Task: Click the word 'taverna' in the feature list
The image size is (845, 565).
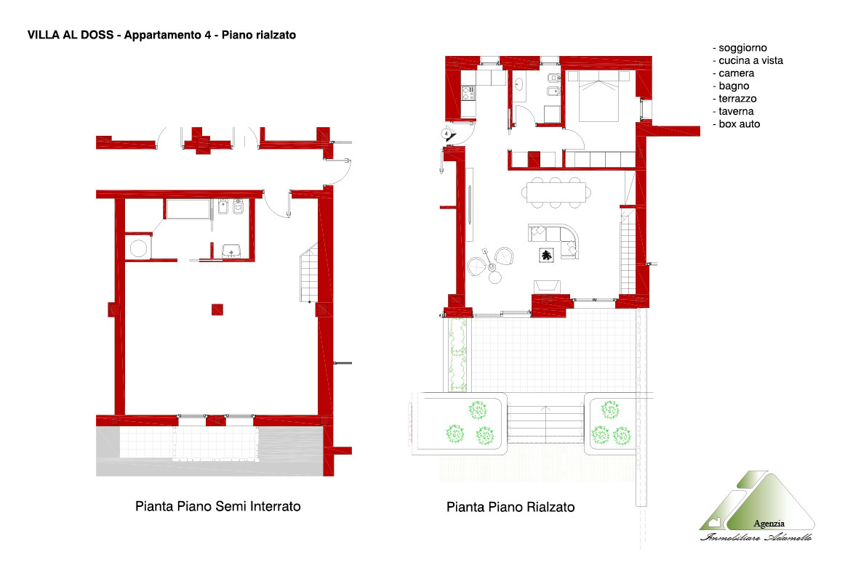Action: [x=736, y=111]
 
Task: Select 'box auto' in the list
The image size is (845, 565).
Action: [x=740, y=123]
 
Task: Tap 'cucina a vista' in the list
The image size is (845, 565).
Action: [x=750, y=60]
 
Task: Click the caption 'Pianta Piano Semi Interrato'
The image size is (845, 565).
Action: [x=217, y=506]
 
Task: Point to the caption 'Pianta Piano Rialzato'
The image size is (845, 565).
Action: [x=510, y=507]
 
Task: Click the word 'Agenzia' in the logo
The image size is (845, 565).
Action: [x=769, y=524]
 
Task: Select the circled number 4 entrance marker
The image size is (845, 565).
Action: [x=446, y=134]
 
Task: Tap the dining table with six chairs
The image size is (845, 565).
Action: [x=556, y=192]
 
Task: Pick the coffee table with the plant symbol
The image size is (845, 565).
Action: [x=546, y=255]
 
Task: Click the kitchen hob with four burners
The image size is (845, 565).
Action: [x=468, y=94]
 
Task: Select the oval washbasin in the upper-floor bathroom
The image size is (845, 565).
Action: [x=518, y=84]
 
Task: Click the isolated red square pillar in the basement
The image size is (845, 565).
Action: [x=217, y=309]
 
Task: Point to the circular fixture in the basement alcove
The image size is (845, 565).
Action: [x=138, y=248]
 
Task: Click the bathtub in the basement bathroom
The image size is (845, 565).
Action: [x=188, y=208]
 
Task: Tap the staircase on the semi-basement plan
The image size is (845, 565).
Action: [x=309, y=272]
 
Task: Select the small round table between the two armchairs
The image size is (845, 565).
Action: [x=494, y=277]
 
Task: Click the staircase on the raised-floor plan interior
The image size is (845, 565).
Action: [x=628, y=252]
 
